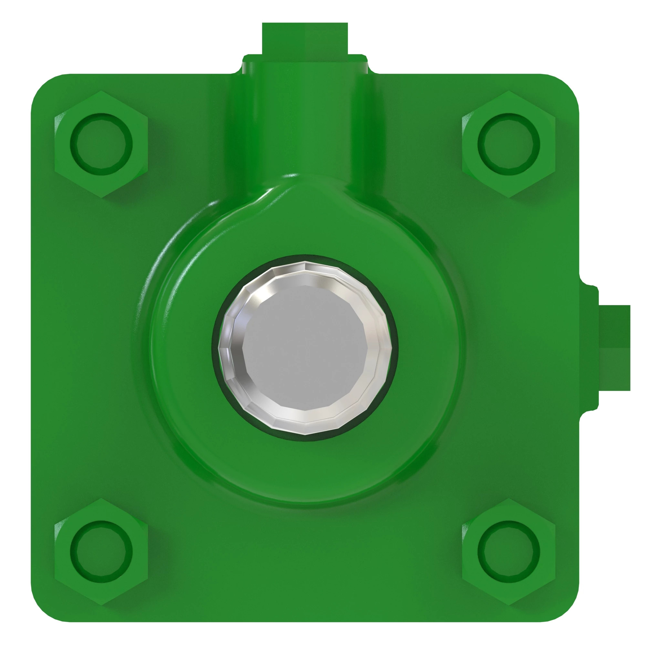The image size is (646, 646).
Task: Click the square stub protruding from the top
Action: click(305, 38)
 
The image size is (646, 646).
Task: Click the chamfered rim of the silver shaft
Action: click(231, 348)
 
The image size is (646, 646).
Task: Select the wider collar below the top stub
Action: click(305, 64)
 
